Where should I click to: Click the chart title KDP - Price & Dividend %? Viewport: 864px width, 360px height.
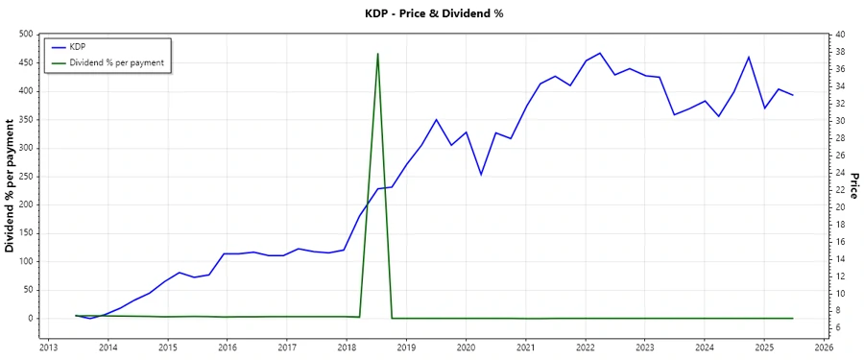(432, 13)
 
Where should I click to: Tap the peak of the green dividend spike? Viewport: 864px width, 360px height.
(377, 54)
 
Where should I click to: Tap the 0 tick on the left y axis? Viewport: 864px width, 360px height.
(30, 319)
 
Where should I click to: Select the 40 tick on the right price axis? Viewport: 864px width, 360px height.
(840, 35)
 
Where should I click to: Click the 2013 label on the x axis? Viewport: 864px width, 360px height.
(48, 347)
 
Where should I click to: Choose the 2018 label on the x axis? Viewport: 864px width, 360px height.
(347, 347)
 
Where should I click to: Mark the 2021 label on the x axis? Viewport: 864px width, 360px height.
(525, 347)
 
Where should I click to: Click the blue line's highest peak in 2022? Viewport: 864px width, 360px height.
(600, 53)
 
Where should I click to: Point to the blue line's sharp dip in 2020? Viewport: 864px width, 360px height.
(481, 175)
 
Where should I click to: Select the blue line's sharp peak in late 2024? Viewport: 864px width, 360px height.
(749, 57)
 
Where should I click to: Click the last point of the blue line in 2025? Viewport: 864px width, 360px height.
(793, 95)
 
